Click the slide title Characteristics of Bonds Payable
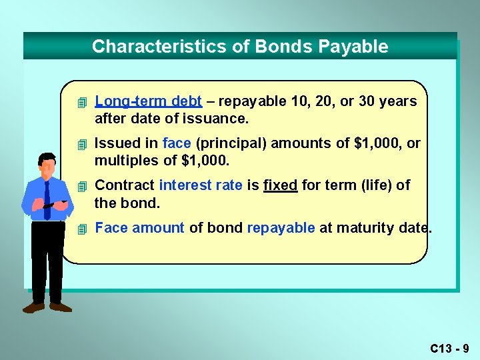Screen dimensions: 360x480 pos(240,47)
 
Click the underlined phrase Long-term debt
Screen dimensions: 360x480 pos(149,101)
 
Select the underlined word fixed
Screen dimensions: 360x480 pos(281,185)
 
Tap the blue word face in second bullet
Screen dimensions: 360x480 pos(177,143)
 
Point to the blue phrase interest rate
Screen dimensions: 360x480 pos(201,185)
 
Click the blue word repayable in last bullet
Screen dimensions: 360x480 pos(281,228)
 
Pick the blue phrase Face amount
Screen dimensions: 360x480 pos(139,228)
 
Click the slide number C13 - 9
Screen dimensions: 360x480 pos(449,348)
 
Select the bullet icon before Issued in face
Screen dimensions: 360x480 pos(81,145)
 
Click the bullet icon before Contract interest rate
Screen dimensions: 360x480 pos(81,186)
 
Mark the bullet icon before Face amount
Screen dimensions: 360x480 pos(81,229)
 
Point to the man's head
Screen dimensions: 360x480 pos(47,163)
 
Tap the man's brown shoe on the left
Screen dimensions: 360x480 pos(33,307)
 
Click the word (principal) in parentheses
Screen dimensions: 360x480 pos(225,143)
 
